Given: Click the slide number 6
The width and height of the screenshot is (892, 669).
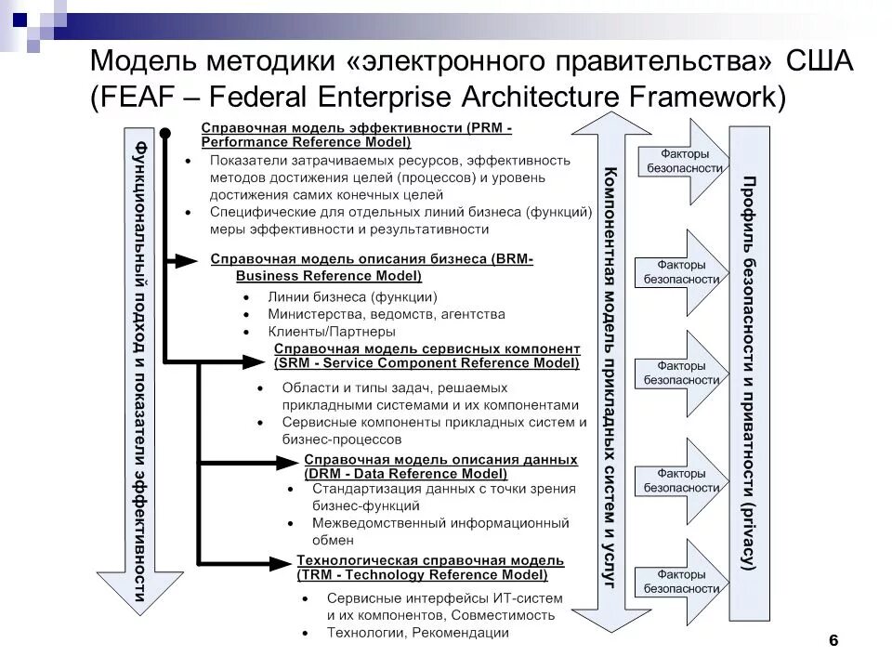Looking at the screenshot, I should pyautogui.click(x=833, y=640).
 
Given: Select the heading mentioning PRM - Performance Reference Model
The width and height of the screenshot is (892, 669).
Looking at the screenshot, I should pyautogui.click(x=357, y=135).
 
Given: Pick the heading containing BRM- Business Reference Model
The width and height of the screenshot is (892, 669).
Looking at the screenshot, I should pyautogui.click(x=372, y=267).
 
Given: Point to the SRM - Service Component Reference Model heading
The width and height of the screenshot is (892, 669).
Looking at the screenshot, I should pyautogui.click(x=426, y=356).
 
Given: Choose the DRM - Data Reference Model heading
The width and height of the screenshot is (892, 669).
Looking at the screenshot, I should pyautogui.click(x=440, y=466).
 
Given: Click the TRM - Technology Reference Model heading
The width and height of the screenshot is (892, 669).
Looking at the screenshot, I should pyautogui.click(x=430, y=568).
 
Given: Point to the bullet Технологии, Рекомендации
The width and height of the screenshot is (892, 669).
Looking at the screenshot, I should pyautogui.click(x=417, y=633).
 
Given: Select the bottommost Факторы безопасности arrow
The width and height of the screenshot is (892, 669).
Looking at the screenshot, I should pyautogui.click(x=683, y=581).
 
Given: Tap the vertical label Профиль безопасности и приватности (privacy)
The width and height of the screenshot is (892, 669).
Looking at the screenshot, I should pyautogui.click(x=748, y=371).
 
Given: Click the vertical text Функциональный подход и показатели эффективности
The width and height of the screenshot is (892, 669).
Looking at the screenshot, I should pyautogui.click(x=140, y=372).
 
